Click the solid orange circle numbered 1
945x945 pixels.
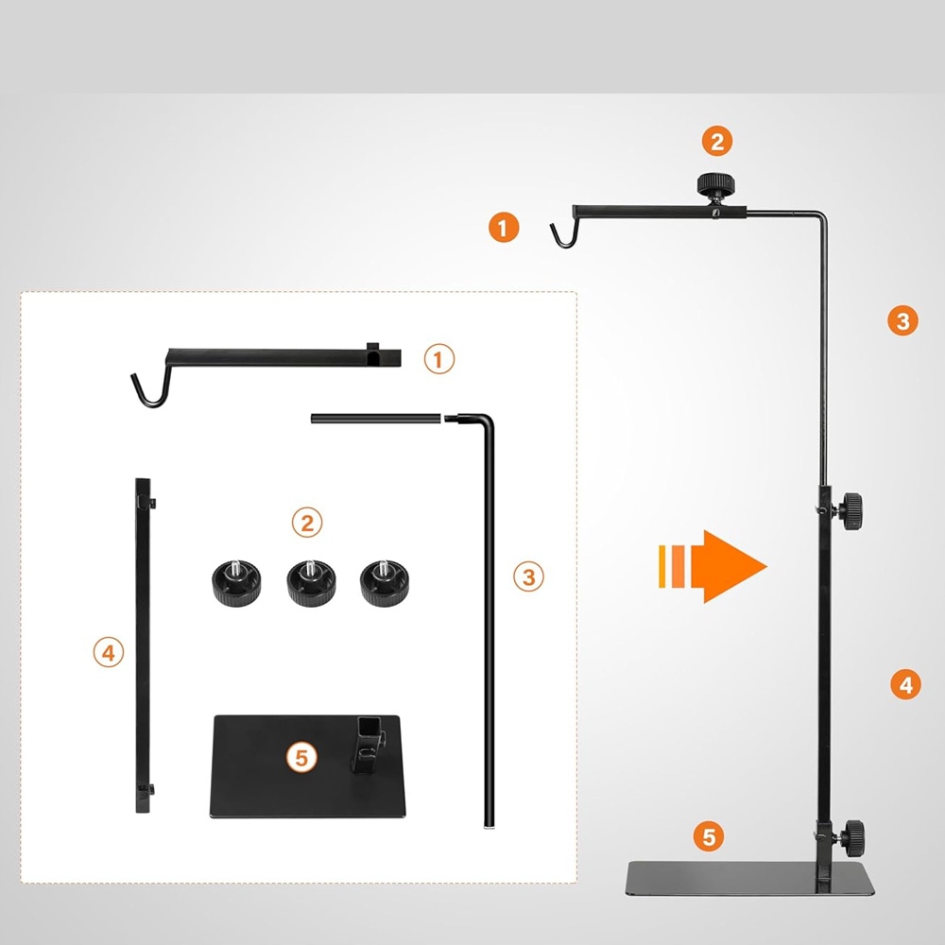pos(504,228)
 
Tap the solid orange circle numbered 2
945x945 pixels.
pos(717,142)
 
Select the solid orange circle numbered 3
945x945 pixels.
pos(902,320)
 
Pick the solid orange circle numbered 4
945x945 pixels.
pos(905,683)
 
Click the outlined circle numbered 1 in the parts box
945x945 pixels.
pos(438,359)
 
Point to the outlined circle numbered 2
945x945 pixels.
pos(306,522)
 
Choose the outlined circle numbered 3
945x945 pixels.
pos(528,576)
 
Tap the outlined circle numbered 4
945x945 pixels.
pos(109,652)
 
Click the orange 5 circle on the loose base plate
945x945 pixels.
pos(301,757)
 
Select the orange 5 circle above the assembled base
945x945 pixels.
pos(709,836)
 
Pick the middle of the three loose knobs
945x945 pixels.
pos(305,582)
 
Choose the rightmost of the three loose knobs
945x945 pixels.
pos(380,582)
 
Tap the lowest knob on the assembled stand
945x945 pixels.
pos(852,833)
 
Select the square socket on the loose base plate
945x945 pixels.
pos(369,733)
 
